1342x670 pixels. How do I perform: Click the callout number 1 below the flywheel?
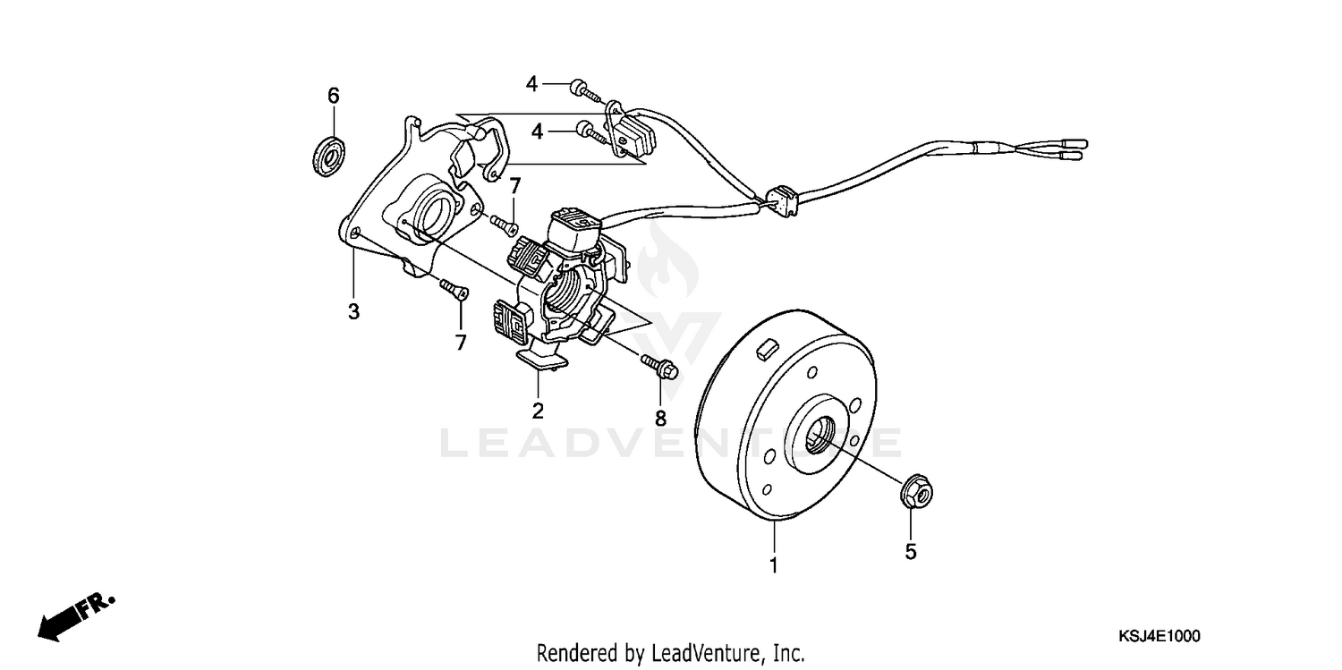tap(774, 565)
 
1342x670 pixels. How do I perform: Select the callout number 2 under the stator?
tap(538, 411)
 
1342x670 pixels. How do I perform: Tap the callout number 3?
tap(354, 312)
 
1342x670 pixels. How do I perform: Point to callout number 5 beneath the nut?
tap(911, 552)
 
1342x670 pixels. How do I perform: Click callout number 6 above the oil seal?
tap(333, 96)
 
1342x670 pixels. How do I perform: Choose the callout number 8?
tap(660, 418)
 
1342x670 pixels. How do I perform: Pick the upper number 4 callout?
tap(531, 84)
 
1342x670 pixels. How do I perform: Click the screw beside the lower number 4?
tap(591, 131)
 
